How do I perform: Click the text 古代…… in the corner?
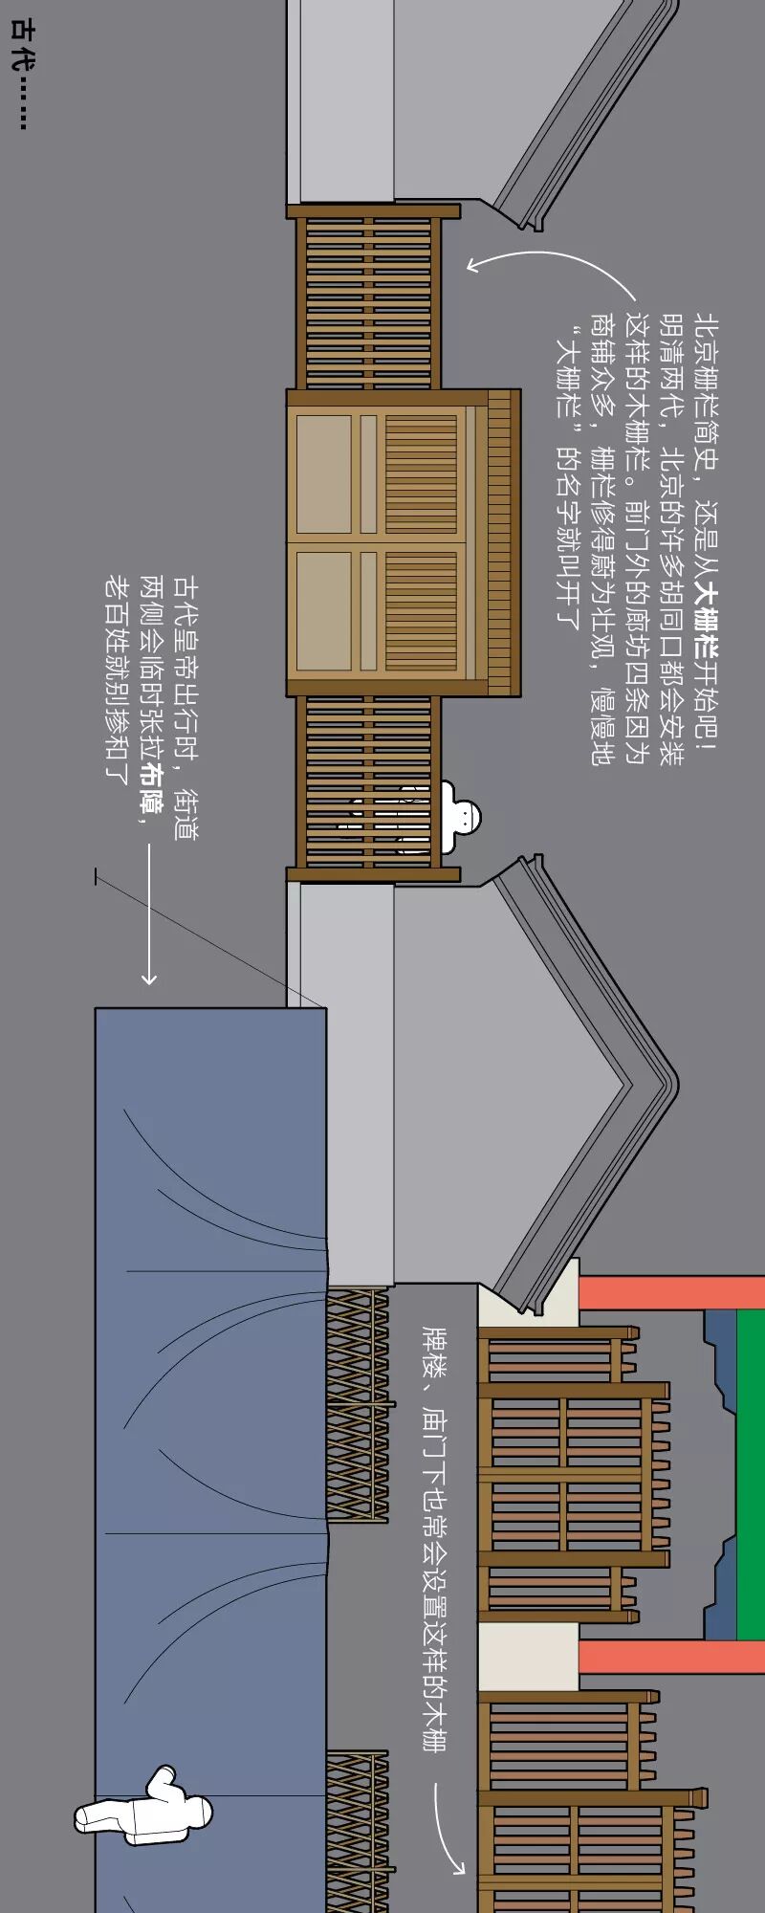click(x=19, y=72)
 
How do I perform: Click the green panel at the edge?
click(x=752, y=1473)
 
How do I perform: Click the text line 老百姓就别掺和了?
click(x=116, y=679)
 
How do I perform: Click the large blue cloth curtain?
click(x=210, y=1435)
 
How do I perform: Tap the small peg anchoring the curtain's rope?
click(x=97, y=875)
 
